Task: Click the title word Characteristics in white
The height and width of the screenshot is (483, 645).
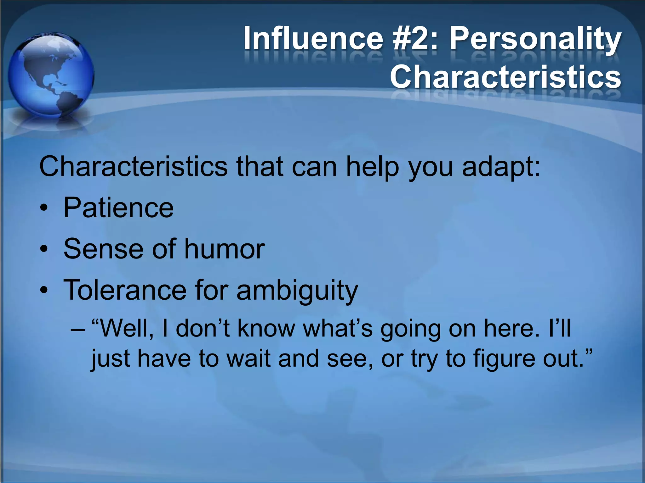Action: (505, 77)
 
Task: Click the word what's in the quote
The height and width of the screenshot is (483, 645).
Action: (337, 328)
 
